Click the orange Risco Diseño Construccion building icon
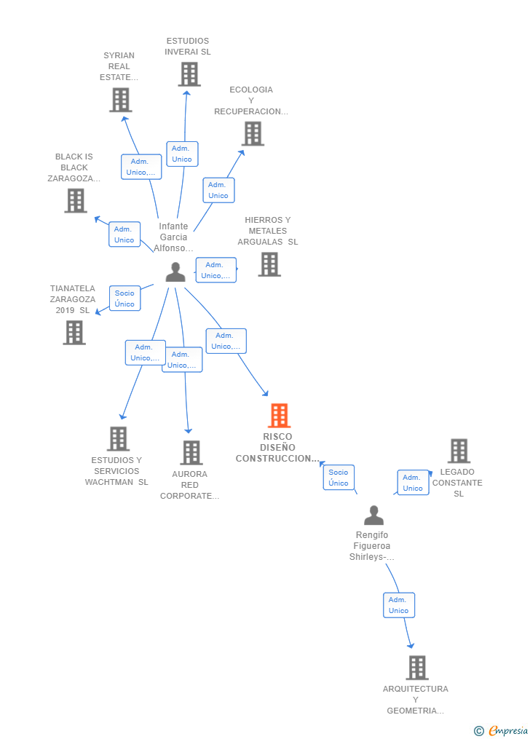point(279,416)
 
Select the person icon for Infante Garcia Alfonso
point(175,272)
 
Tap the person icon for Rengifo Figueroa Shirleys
point(373,515)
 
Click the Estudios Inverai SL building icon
point(189,74)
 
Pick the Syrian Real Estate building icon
point(120,100)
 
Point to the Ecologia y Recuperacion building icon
point(253,133)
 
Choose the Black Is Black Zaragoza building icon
point(76,200)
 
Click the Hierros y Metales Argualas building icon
point(269,264)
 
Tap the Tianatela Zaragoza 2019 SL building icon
point(74,333)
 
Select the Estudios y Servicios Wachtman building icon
point(118,439)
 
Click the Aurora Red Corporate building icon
point(191,453)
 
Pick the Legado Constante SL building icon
point(459,451)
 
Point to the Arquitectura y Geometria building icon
point(416,668)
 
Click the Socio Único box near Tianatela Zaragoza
point(124,299)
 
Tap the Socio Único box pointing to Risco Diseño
point(339,478)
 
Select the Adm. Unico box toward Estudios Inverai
point(182,154)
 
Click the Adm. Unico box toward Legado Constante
point(413,483)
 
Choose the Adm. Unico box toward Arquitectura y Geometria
point(399,605)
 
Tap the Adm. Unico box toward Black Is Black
point(124,234)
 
